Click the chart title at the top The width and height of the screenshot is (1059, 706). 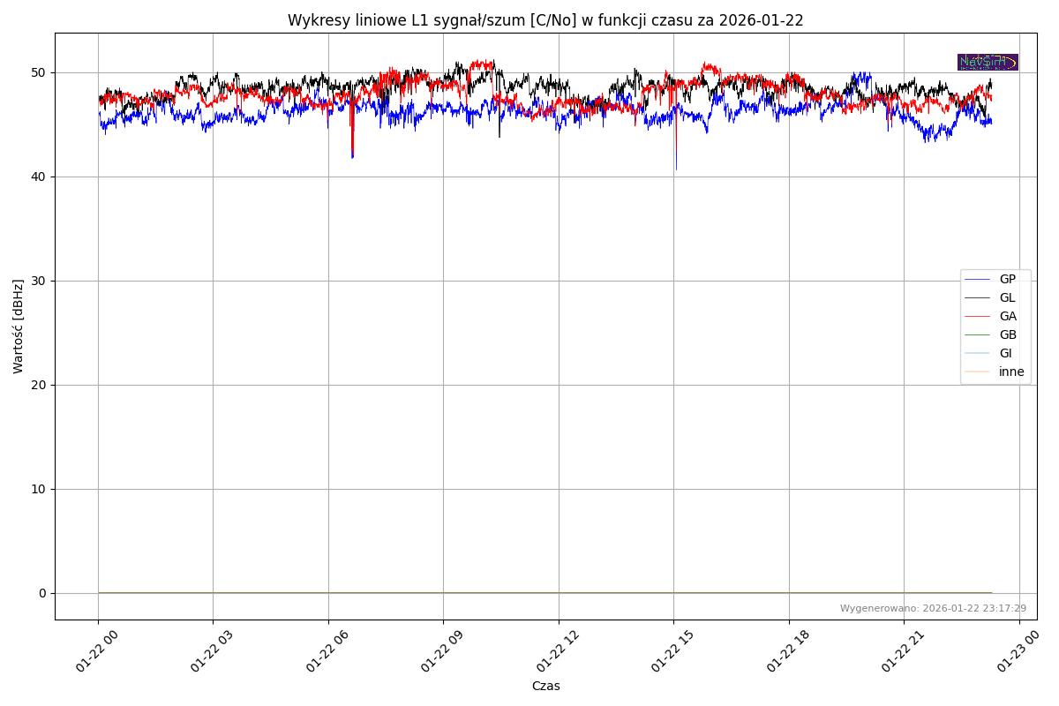(x=545, y=20)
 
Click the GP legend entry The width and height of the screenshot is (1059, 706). (x=1007, y=280)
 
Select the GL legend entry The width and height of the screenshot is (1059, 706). (x=1007, y=298)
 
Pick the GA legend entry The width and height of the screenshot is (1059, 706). (x=1007, y=317)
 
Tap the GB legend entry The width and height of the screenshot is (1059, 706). (x=1007, y=335)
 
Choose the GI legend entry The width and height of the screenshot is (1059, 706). (x=1005, y=354)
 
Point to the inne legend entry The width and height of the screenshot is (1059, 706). (x=1011, y=372)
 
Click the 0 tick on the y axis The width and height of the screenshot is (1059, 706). (x=42, y=593)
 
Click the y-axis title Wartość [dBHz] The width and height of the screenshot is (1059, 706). (x=19, y=327)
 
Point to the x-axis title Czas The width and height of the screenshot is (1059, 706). (x=545, y=686)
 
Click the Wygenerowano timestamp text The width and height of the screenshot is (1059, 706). (x=933, y=608)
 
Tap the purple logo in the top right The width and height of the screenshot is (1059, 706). (x=988, y=62)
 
